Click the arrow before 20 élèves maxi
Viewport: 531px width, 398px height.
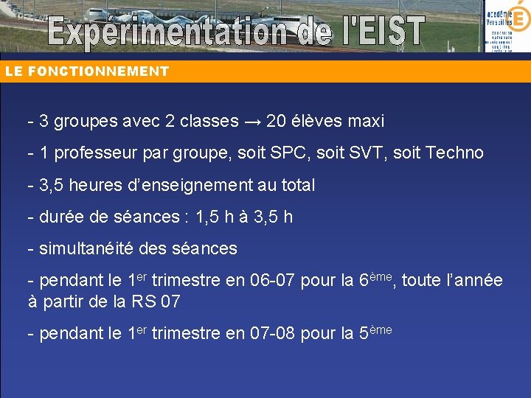253,122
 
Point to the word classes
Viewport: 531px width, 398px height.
209,121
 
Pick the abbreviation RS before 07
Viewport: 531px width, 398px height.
145,301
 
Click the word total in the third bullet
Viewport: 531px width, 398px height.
296,185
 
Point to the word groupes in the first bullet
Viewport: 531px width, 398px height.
83,122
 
